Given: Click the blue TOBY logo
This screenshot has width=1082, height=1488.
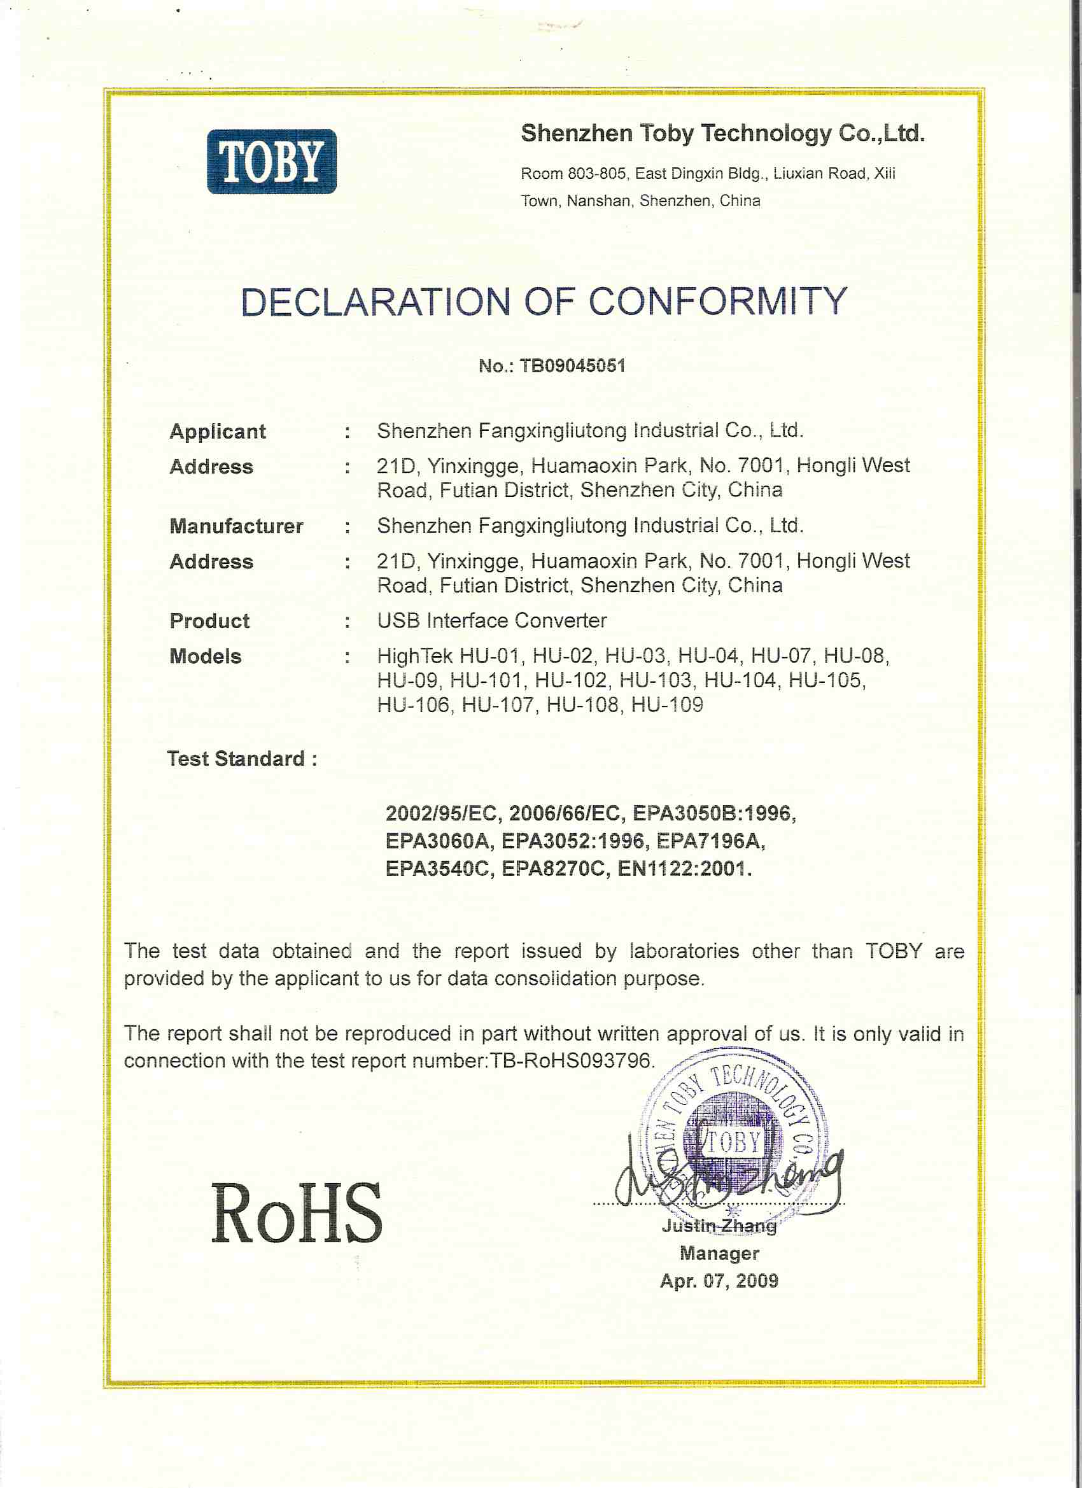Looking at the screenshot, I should (272, 162).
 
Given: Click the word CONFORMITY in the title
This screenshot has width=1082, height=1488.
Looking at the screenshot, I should (717, 302).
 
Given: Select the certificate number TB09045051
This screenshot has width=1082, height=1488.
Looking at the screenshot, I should (572, 365).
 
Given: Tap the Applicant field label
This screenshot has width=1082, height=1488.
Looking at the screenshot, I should (218, 431).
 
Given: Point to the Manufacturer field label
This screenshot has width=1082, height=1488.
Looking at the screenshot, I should (236, 526).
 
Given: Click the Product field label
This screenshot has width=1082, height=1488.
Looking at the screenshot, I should (209, 621).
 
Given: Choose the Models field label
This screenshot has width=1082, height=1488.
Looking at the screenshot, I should (206, 656).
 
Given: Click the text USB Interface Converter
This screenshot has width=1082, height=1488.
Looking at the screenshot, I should (491, 620).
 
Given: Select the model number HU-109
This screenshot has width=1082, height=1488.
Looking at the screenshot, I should (666, 705).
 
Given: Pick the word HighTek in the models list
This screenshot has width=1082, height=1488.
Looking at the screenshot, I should (415, 656).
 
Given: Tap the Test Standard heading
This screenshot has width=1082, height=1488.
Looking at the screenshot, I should (241, 759).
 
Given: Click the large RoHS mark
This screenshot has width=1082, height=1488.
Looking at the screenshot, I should (297, 1214).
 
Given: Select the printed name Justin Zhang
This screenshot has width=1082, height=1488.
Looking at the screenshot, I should (719, 1226).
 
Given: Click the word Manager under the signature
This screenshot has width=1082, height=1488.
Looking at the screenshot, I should (719, 1253).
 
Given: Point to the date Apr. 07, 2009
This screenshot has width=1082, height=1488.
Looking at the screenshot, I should (719, 1281).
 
